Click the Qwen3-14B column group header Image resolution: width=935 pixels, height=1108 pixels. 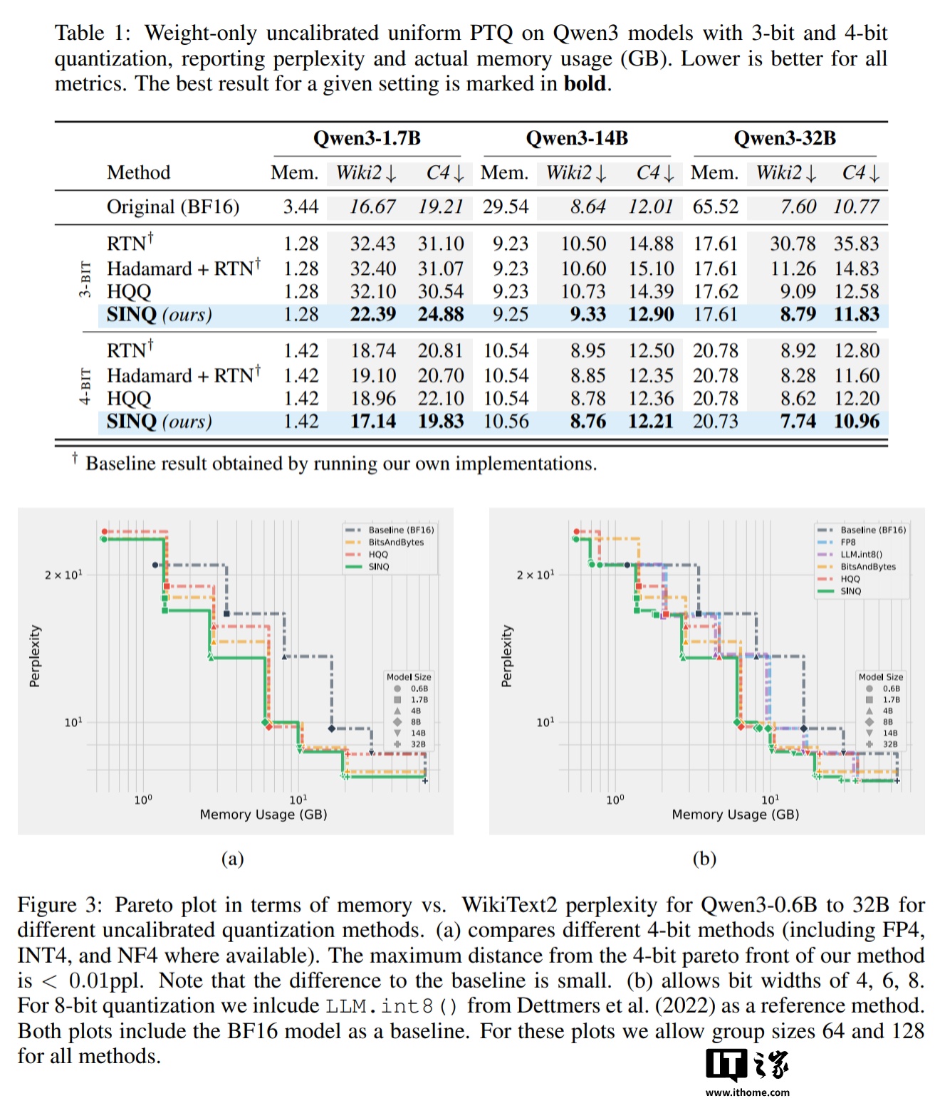[577, 138]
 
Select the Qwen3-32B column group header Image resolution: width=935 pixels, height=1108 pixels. [785, 138]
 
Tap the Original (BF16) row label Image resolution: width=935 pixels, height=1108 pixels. [172, 207]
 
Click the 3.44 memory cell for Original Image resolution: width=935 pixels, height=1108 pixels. [301, 207]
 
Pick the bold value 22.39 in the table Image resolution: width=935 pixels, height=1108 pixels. [372, 314]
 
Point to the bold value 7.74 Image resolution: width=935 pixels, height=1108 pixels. [798, 421]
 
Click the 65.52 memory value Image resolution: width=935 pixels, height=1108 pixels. [716, 207]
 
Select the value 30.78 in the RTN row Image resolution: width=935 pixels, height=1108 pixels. [793, 244]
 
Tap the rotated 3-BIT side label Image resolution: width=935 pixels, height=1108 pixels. [85, 279]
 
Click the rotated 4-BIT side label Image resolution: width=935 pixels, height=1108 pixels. [85, 386]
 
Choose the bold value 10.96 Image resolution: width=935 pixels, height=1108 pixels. [857, 421]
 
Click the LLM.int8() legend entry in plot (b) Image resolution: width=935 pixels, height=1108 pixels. [861, 554]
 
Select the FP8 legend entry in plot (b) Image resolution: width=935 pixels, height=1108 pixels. [848, 542]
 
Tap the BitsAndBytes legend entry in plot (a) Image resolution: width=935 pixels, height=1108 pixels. [396, 542]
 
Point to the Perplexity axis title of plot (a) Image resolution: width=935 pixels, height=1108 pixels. [35, 656]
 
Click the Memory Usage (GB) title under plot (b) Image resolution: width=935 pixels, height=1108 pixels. [735, 814]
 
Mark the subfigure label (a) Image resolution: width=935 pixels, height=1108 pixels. [232, 858]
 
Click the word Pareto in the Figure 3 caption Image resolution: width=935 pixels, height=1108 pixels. [167, 904]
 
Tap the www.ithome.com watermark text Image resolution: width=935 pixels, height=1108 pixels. [747, 1092]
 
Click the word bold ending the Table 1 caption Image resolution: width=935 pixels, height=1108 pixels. [585, 84]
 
